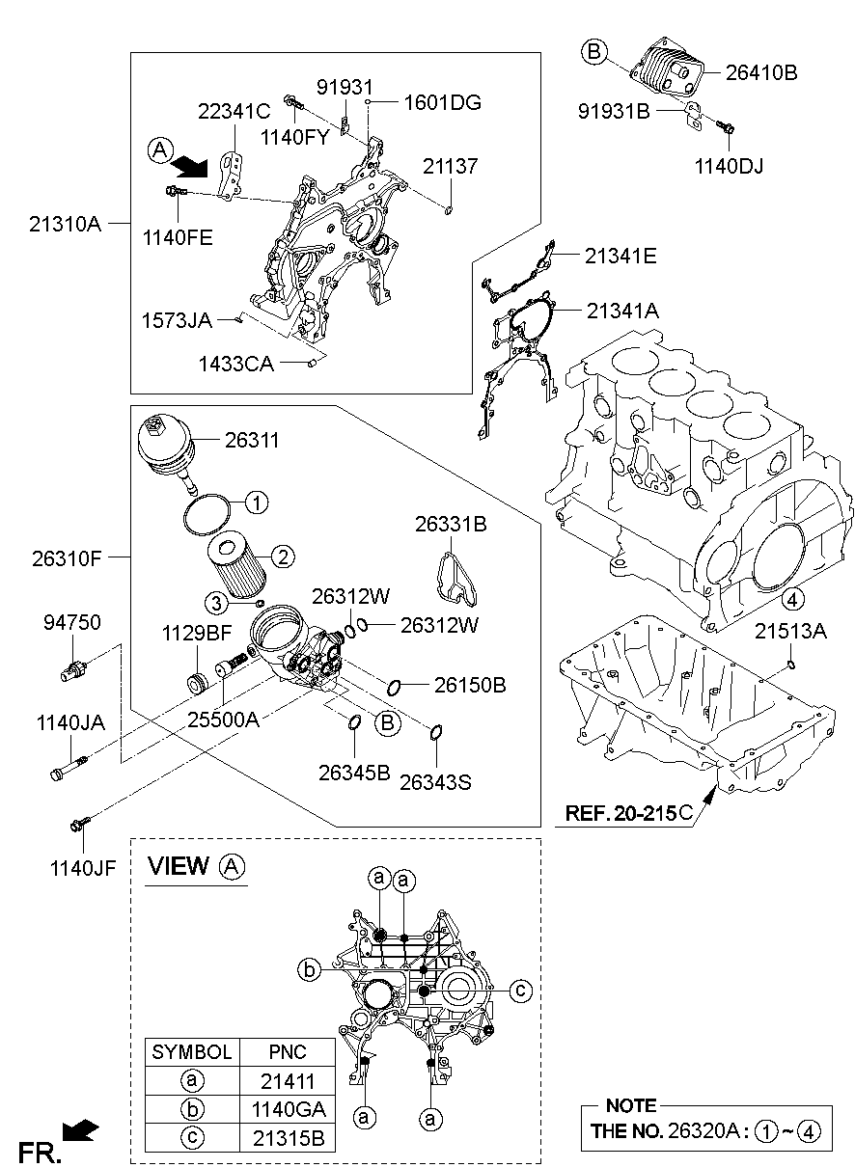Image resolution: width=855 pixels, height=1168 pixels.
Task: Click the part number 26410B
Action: tap(762, 72)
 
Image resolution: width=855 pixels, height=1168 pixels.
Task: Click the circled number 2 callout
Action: tap(282, 556)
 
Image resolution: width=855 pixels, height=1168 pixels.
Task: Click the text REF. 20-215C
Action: tap(628, 813)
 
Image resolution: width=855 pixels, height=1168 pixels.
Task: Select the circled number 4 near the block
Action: tap(790, 600)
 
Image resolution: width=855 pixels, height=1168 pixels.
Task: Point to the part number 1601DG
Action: tap(442, 102)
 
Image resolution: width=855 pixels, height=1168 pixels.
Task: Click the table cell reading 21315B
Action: tap(288, 1137)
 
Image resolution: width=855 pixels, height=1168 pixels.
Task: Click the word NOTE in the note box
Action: tap(630, 1105)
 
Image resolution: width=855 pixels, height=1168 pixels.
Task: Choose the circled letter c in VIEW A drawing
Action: tap(519, 989)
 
